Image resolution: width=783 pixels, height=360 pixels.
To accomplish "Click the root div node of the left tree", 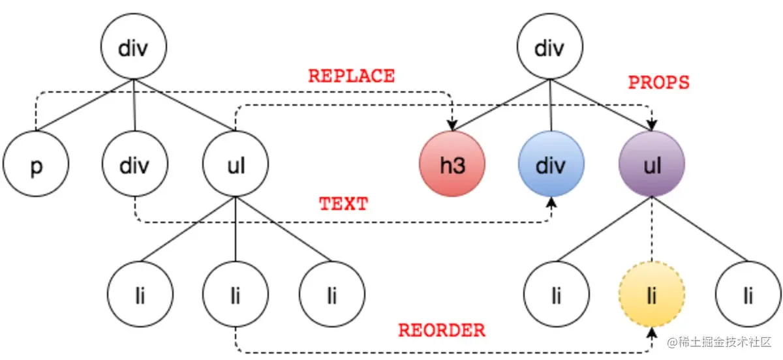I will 134,48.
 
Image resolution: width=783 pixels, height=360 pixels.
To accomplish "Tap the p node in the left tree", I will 36,166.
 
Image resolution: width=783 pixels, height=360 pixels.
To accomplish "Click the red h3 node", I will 452,166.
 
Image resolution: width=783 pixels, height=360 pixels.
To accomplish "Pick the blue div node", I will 552,166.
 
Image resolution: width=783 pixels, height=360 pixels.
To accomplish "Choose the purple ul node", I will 652,166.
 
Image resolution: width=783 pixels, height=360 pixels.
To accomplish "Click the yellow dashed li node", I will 651,297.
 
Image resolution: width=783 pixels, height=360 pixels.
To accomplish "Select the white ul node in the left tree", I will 236,166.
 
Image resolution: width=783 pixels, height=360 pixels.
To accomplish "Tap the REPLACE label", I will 352,76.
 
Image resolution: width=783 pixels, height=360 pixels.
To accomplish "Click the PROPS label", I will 658,82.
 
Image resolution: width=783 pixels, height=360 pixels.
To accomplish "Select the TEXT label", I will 343,203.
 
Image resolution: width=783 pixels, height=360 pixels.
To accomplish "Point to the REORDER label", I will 442,330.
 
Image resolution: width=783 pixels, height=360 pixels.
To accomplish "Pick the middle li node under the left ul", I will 236,297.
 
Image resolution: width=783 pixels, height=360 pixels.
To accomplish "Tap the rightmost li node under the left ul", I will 332,297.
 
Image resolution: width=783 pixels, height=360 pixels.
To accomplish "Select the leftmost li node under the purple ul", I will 556,297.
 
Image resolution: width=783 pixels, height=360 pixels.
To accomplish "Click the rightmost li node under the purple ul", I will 748,297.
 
